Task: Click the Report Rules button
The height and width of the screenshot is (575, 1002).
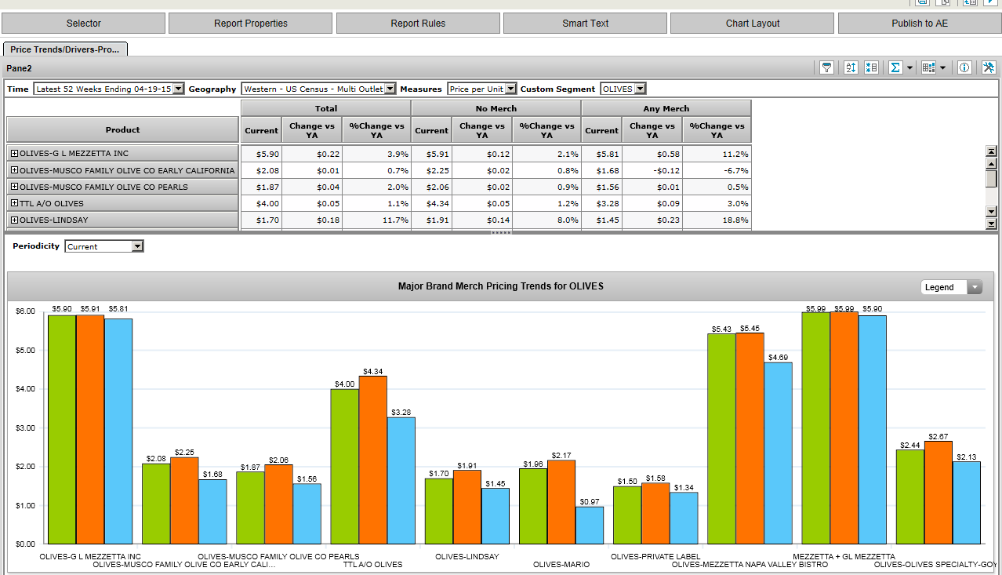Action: point(418,24)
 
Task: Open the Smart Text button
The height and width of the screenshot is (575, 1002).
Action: point(585,24)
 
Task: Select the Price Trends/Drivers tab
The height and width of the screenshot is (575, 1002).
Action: point(65,49)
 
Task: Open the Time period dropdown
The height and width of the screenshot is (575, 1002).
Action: point(178,89)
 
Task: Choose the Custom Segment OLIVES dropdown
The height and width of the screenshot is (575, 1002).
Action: point(640,89)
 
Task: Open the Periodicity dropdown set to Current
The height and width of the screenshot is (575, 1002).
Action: point(137,246)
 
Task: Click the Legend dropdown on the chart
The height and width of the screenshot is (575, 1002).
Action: point(975,287)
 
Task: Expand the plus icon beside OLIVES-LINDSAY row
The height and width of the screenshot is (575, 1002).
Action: point(14,220)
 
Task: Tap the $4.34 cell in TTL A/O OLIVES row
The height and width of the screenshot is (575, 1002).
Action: point(431,203)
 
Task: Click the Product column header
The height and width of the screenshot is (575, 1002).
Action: point(122,129)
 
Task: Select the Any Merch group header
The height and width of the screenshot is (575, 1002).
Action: point(666,108)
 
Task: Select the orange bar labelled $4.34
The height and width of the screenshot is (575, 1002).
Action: point(372,460)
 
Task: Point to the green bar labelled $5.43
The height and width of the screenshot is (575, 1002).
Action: point(721,439)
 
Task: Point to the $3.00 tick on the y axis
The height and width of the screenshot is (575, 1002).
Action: point(25,428)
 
